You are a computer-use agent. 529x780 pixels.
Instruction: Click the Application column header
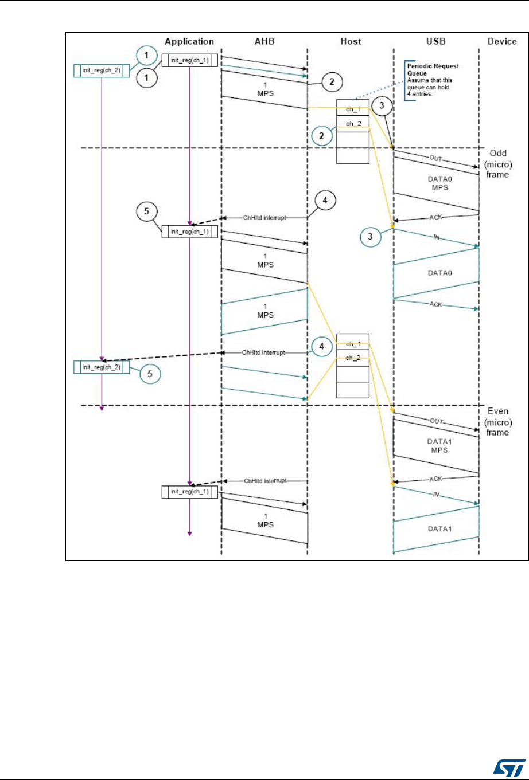189,42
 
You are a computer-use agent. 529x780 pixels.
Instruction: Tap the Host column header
350,42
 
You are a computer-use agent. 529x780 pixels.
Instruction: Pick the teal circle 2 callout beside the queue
322,135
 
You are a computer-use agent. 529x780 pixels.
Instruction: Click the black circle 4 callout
324,201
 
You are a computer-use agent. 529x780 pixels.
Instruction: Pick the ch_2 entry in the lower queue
353,357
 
